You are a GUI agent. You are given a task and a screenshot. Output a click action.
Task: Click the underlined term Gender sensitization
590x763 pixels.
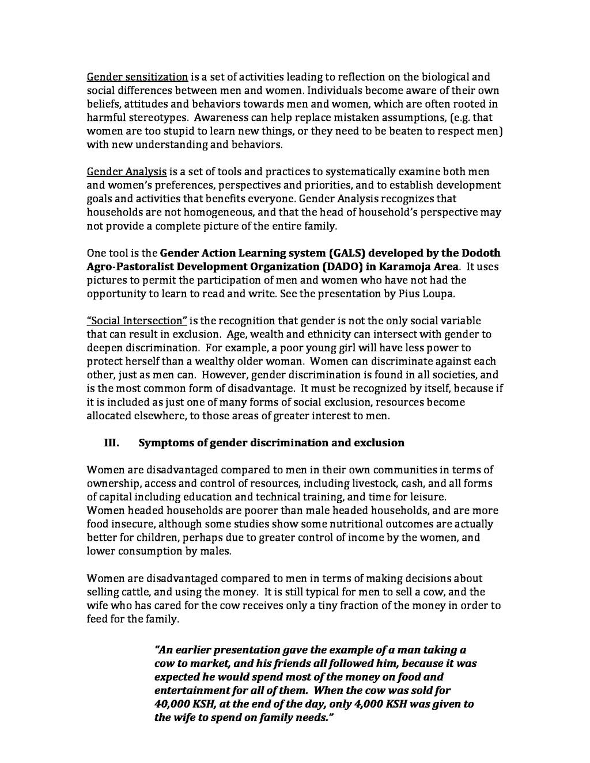pos(137,77)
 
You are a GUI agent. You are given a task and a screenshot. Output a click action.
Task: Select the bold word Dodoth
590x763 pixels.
pos(479,253)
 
